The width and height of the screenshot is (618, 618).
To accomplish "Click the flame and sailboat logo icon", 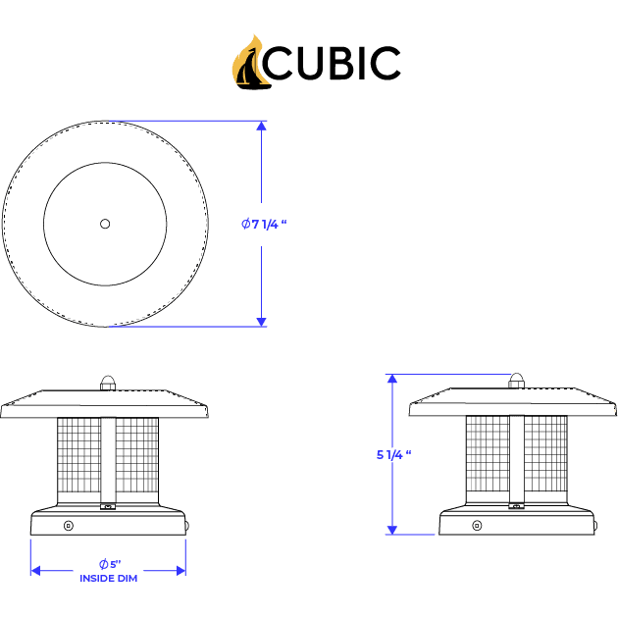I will (250, 62).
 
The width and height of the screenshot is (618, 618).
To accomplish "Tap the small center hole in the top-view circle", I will (105, 224).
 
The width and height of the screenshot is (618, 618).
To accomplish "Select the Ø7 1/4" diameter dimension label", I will (263, 224).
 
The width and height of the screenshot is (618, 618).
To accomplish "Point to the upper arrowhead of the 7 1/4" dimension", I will (261, 126).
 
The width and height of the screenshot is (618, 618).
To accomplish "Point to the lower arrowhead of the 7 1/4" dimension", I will (261, 320).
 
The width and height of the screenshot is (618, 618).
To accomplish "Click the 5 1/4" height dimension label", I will (392, 454).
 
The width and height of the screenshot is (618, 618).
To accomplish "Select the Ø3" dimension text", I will (109, 563).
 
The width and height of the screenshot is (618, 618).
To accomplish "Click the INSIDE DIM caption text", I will (109, 578).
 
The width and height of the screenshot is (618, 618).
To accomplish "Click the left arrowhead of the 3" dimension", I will (35, 569).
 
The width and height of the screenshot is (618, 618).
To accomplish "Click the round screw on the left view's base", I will (69, 526).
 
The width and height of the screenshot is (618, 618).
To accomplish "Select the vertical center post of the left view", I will (108, 461).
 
